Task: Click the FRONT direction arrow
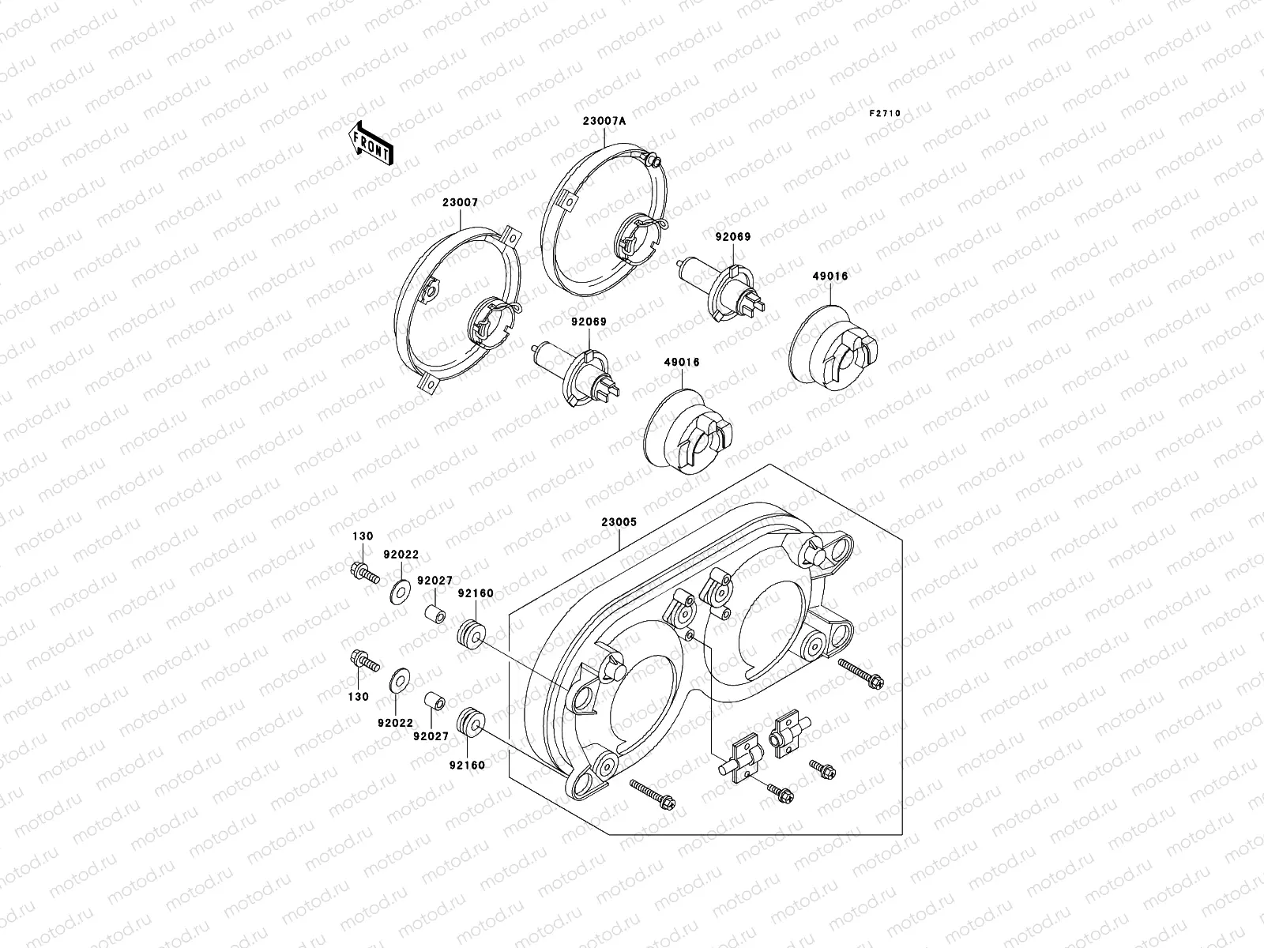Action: coord(371,143)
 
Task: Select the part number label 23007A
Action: coord(604,121)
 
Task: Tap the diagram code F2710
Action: coord(885,114)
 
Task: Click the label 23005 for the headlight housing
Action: coord(619,522)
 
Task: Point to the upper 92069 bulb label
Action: coord(733,236)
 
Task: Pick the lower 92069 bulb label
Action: coord(589,322)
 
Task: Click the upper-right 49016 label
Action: coord(830,276)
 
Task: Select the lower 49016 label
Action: coord(682,362)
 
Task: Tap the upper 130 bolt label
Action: coord(363,536)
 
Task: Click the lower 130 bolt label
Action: coord(358,697)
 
